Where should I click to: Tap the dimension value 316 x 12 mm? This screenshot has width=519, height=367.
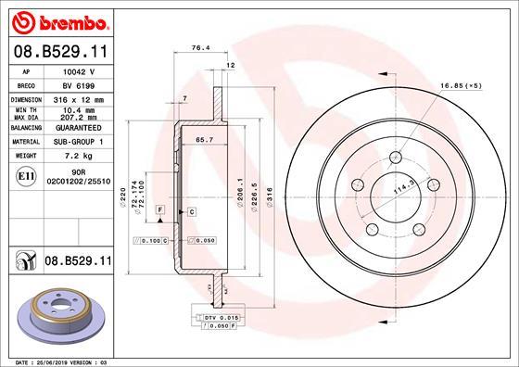(x=78, y=98)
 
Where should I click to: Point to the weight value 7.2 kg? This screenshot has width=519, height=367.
(x=78, y=157)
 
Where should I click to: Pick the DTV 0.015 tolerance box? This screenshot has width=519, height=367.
(x=211, y=318)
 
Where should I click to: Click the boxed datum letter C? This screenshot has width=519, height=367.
(x=191, y=212)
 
